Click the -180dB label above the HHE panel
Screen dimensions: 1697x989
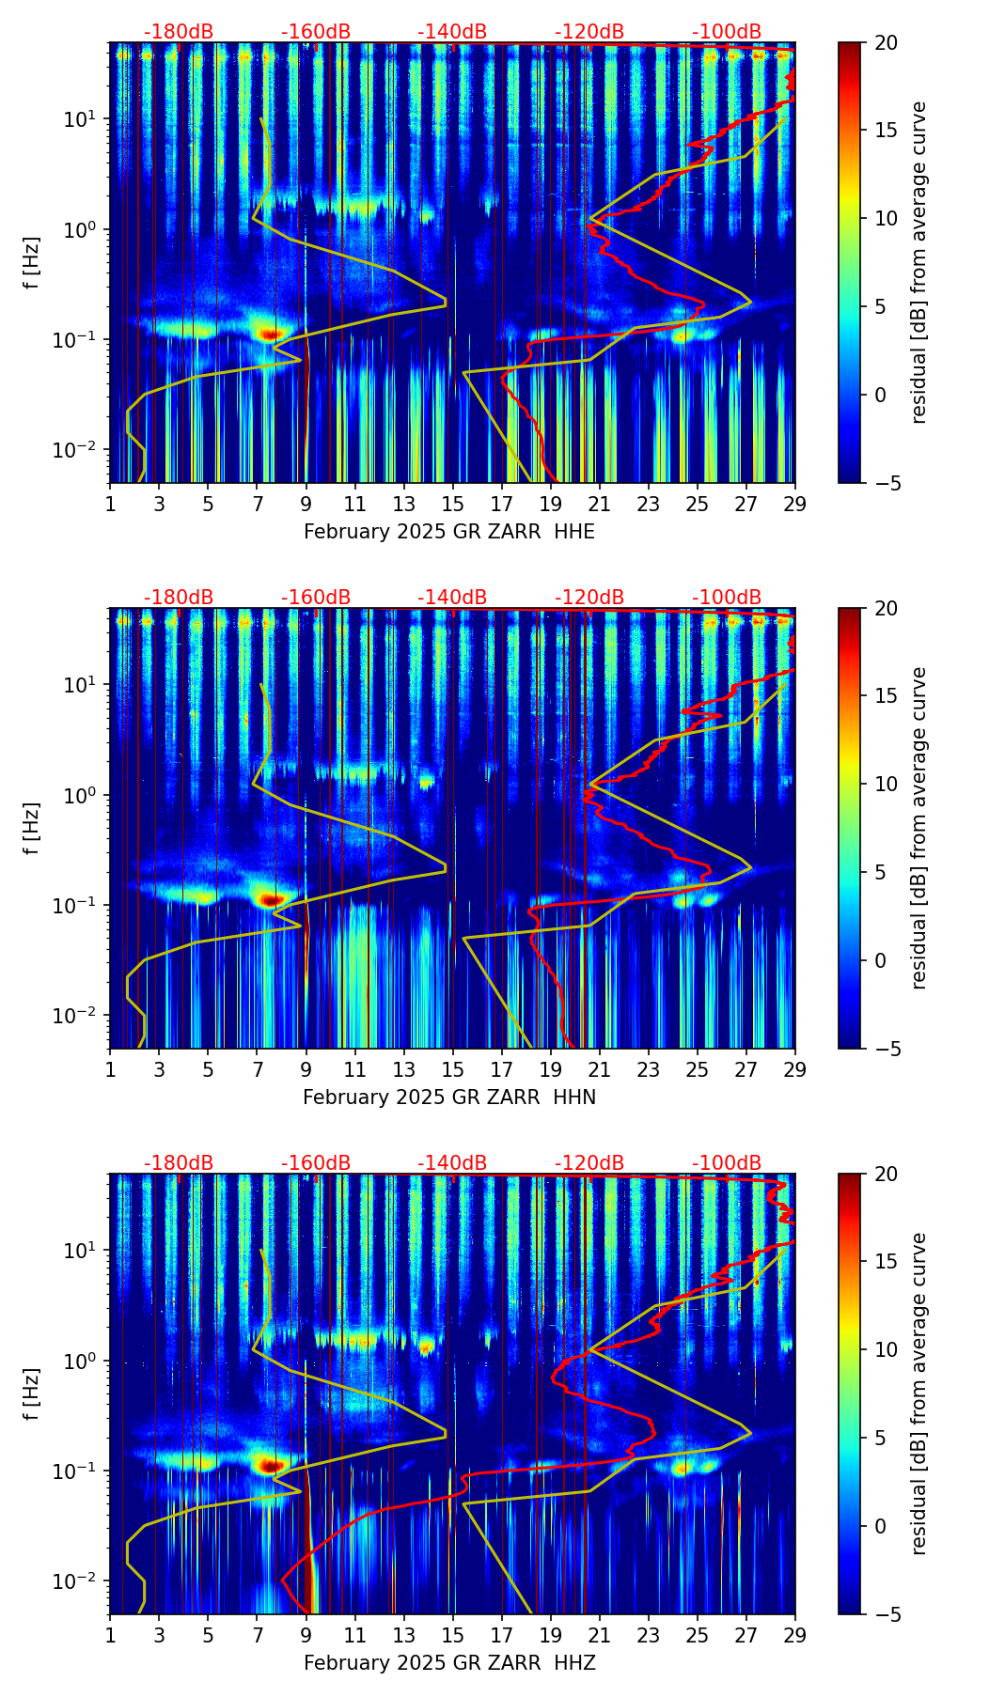(179, 32)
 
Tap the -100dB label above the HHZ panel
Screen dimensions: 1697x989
(727, 1163)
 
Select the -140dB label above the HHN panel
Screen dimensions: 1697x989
(452, 598)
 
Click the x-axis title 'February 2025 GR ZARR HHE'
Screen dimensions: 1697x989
(449, 532)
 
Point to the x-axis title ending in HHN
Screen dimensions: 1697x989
(449, 1098)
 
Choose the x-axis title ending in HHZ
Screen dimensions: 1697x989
(449, 1663)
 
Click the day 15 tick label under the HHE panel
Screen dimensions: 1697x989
(452, 504)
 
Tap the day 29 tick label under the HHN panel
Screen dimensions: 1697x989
(795, 1069)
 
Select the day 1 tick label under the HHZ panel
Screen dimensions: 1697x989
(110, 1635)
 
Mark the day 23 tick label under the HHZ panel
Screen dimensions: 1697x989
(648, 1635)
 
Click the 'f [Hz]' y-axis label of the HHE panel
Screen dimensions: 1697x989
(32, 263)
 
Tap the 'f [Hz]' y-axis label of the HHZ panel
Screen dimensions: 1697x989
(32, 1394)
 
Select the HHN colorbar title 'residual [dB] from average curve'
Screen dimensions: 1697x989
(919, 828)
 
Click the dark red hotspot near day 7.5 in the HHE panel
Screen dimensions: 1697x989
(271, 334)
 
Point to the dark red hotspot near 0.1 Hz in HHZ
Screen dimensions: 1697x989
(272, 1465)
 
